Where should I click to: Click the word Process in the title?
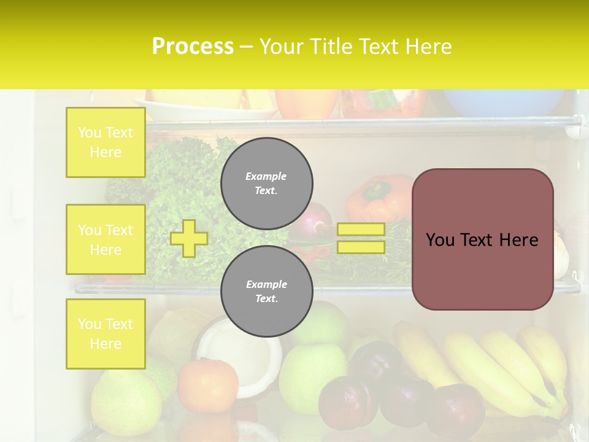click(x=193, y=47)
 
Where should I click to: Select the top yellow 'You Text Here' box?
click(x=106, y=142)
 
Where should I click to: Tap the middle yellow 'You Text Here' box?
click(x=106, y=239)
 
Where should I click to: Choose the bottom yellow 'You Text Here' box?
click(x=106, y=334)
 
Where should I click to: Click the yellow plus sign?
click(x=189, y=238)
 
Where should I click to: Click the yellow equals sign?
click(x=361, y=238)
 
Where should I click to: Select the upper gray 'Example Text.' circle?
click(x=266, y=183)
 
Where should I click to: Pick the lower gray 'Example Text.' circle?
click(x=266, y=291)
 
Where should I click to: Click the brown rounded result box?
click(x=482, y=239)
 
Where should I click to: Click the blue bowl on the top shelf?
click(x=503, y=102)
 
